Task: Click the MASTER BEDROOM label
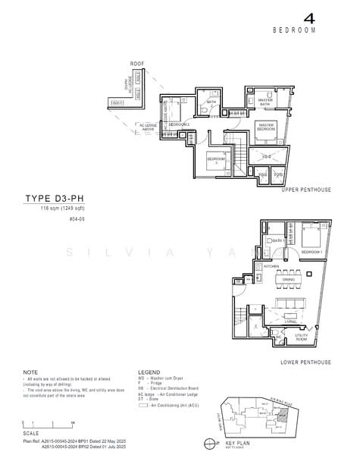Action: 266,127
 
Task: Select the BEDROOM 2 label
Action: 179,124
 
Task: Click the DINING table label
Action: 288,279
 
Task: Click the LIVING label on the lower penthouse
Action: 290,321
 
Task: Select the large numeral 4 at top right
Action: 308,17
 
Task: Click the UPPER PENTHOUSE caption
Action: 306,190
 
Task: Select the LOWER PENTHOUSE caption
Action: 305,363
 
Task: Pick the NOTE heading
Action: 30,372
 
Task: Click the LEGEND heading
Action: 149,372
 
